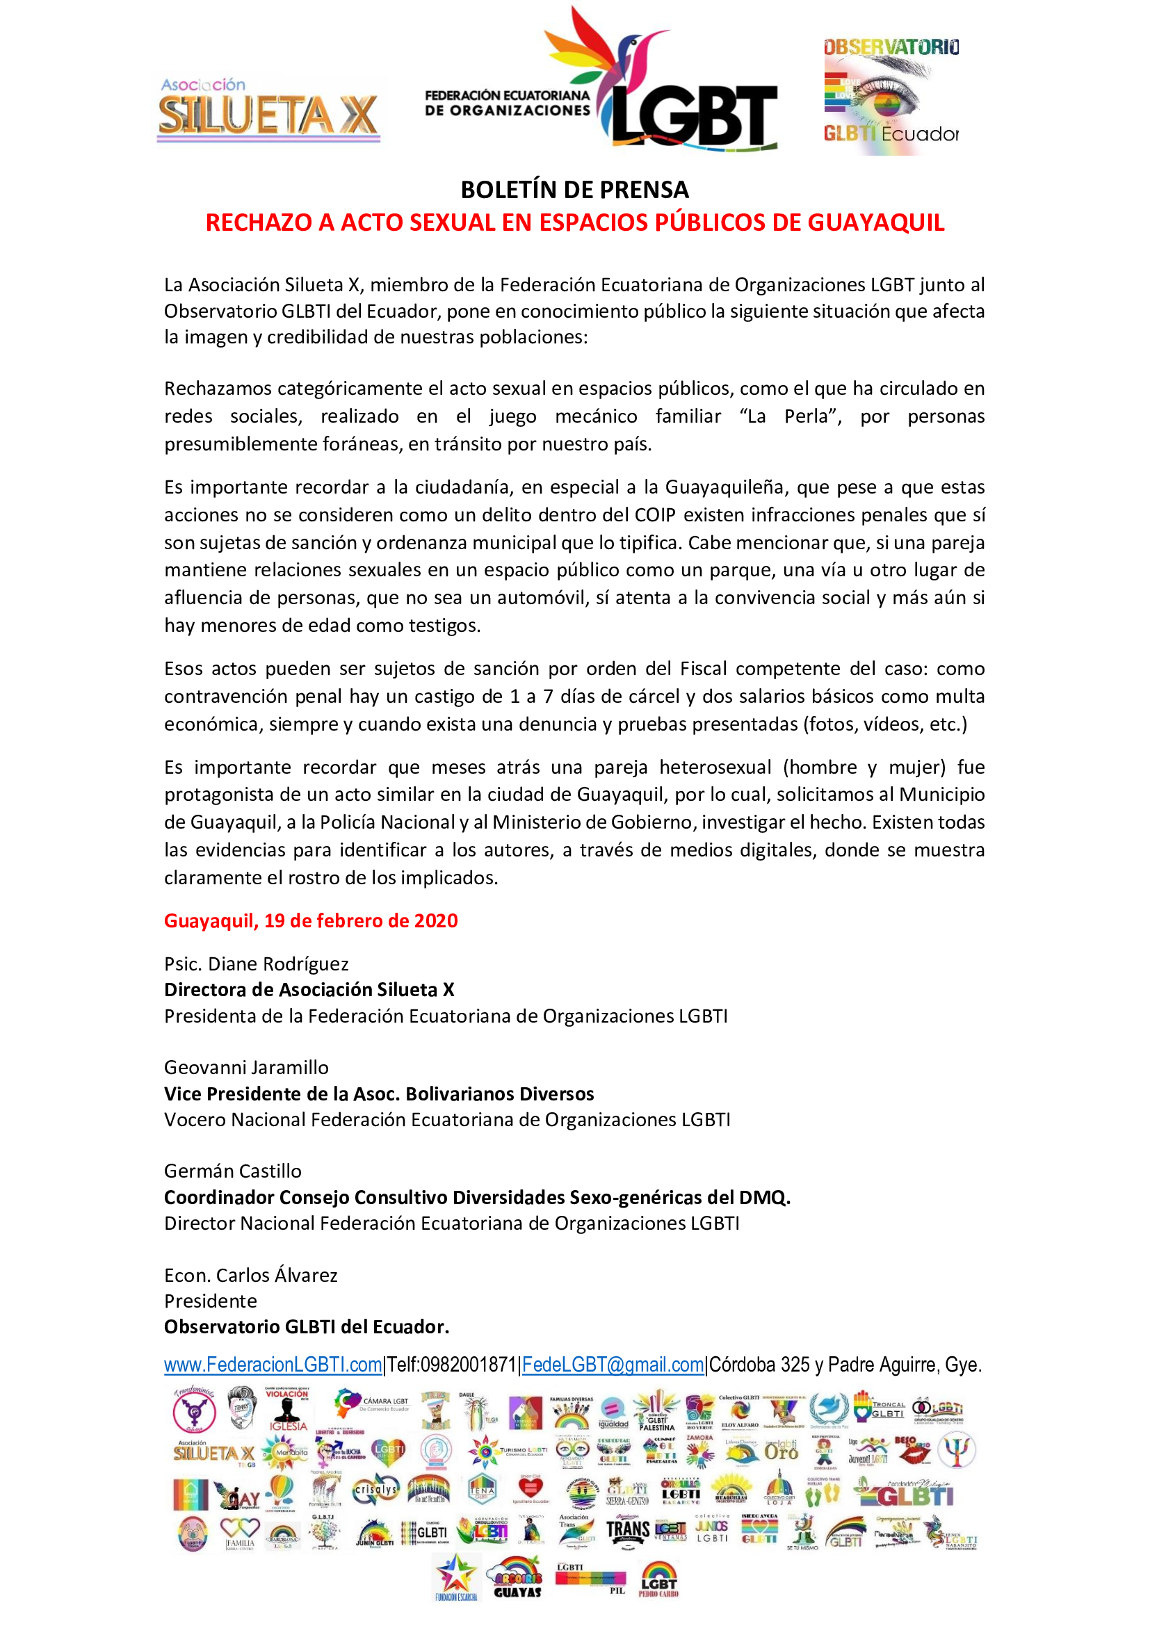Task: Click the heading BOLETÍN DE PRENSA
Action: pyautogui.click(x=574, y=190)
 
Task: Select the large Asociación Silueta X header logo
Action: pyautogui.click(x=268, y=110)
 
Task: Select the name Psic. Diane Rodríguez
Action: pyautogui.click(x=257, y=964)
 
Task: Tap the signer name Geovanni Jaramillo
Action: pyautogui.click(x=246, y=1067)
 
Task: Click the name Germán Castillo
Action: pyautogui.click(x=233, y=1171)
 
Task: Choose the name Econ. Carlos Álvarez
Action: pyautogui.click(x=251, y=1275)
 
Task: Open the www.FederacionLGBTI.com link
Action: pyautogui.click(x=273, y=1365)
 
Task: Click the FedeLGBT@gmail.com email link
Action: pyautogui.click(x=613, y=1365)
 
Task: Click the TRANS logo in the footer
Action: pyautogui.click(x=627, y=1530)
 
